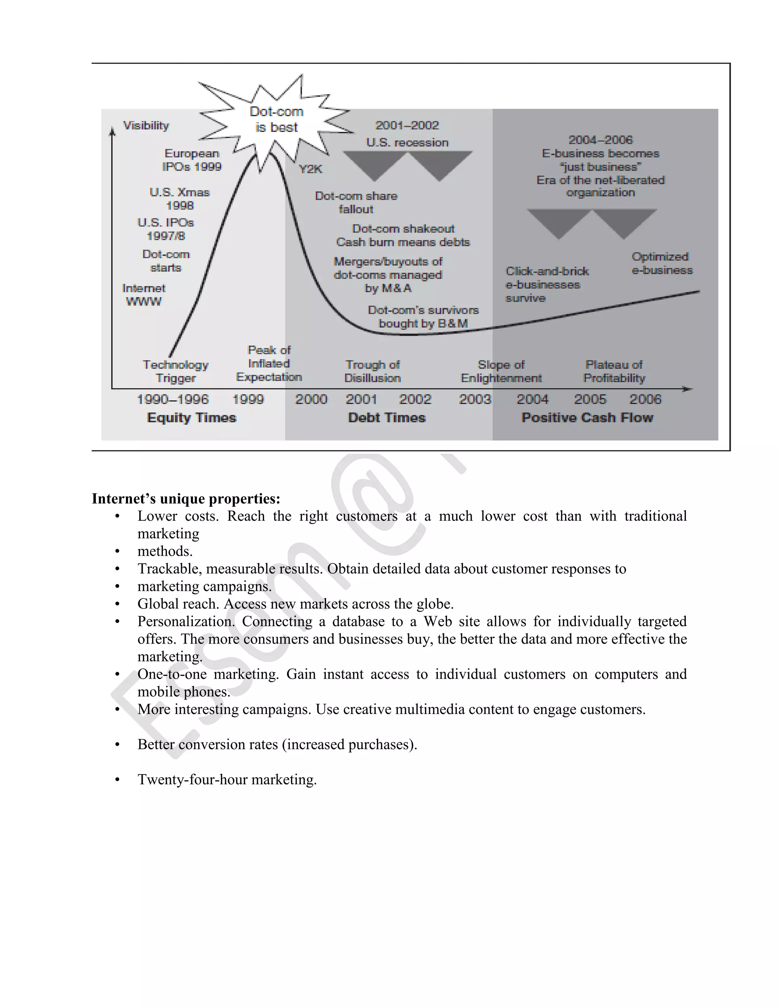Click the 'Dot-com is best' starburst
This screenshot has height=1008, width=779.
coord(277,119)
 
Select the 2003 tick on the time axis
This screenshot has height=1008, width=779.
coord(475,399)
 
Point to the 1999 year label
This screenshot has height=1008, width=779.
coord(248,399)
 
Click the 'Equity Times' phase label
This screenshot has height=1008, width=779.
coord(192,418)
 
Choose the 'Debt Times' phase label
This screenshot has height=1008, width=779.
coord(387,418)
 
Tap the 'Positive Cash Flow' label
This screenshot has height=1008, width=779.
coord(587,418)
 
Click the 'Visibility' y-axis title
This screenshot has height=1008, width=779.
coord(146,126)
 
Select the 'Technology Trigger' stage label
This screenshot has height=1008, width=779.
coord(175,372)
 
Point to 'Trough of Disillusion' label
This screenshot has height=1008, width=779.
coord(372,372)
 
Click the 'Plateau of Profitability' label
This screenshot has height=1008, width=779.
coord(614,372)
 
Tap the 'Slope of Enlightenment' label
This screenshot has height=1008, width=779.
coord(501,372)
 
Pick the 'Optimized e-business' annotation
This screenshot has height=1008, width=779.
coord(662,264)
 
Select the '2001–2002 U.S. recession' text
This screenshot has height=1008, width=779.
coord(407,134)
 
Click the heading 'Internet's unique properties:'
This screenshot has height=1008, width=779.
coord(186,499)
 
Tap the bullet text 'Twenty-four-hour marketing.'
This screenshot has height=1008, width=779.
coord(227,779)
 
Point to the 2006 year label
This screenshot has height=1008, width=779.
coord(645,399)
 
